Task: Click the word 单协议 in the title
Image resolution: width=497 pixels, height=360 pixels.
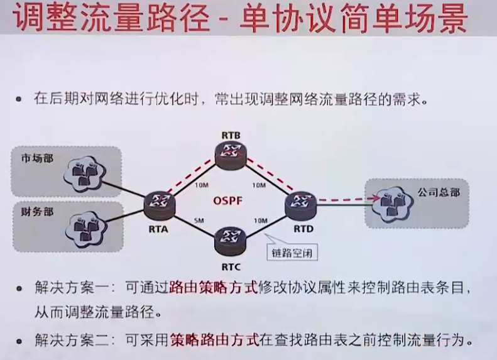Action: tap(274, 19)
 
